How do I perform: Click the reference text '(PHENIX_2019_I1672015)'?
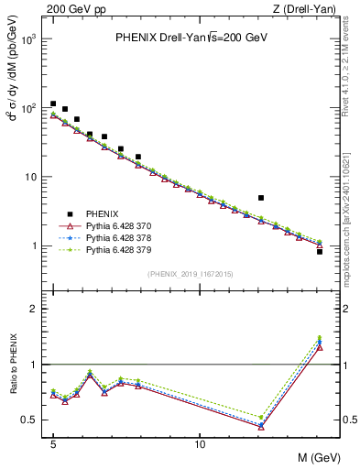click(x=190, y=274)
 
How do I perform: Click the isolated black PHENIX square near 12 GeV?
click(x=261, y=198)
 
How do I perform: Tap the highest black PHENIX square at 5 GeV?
click(x=53, y=104)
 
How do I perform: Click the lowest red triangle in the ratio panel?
click(x=261, y=427)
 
